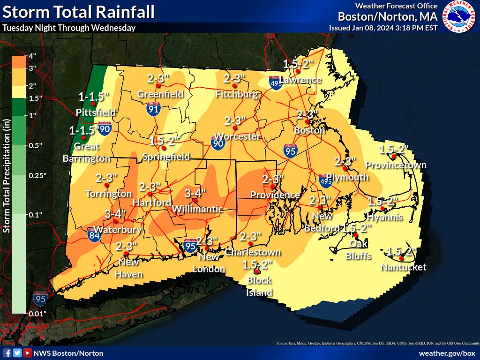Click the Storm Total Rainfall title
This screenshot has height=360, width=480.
pos(78,12)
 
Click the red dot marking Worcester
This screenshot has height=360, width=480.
pos(236,127)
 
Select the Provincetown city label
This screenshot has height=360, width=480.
pos(396,165)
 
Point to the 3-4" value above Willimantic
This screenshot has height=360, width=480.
pos(195,193)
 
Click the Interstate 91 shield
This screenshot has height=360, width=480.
pos(153,109)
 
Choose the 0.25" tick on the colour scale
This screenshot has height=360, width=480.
pos(27,175)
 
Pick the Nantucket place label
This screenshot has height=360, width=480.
pos(404,267)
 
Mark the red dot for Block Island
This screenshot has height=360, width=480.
pos(257,272)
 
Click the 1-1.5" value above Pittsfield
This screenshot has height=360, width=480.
pos(94,97)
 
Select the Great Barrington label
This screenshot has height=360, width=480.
pos(86,153)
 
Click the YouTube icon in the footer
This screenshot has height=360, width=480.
pos(28,353)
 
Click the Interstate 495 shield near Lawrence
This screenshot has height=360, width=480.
pos(276,83)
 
